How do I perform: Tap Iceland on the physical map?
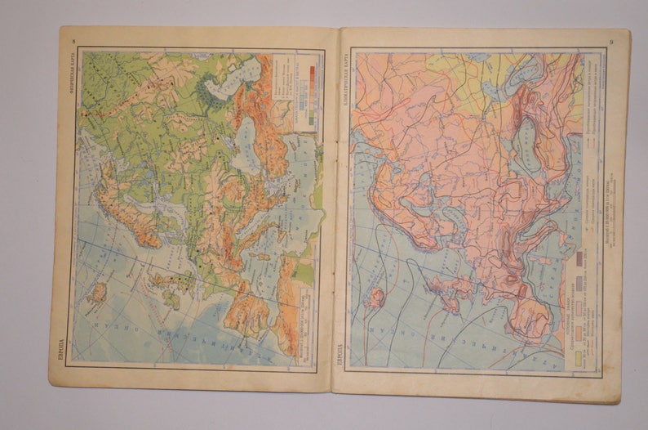[x=97, y=291]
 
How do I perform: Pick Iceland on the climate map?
[x=375, y=296]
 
